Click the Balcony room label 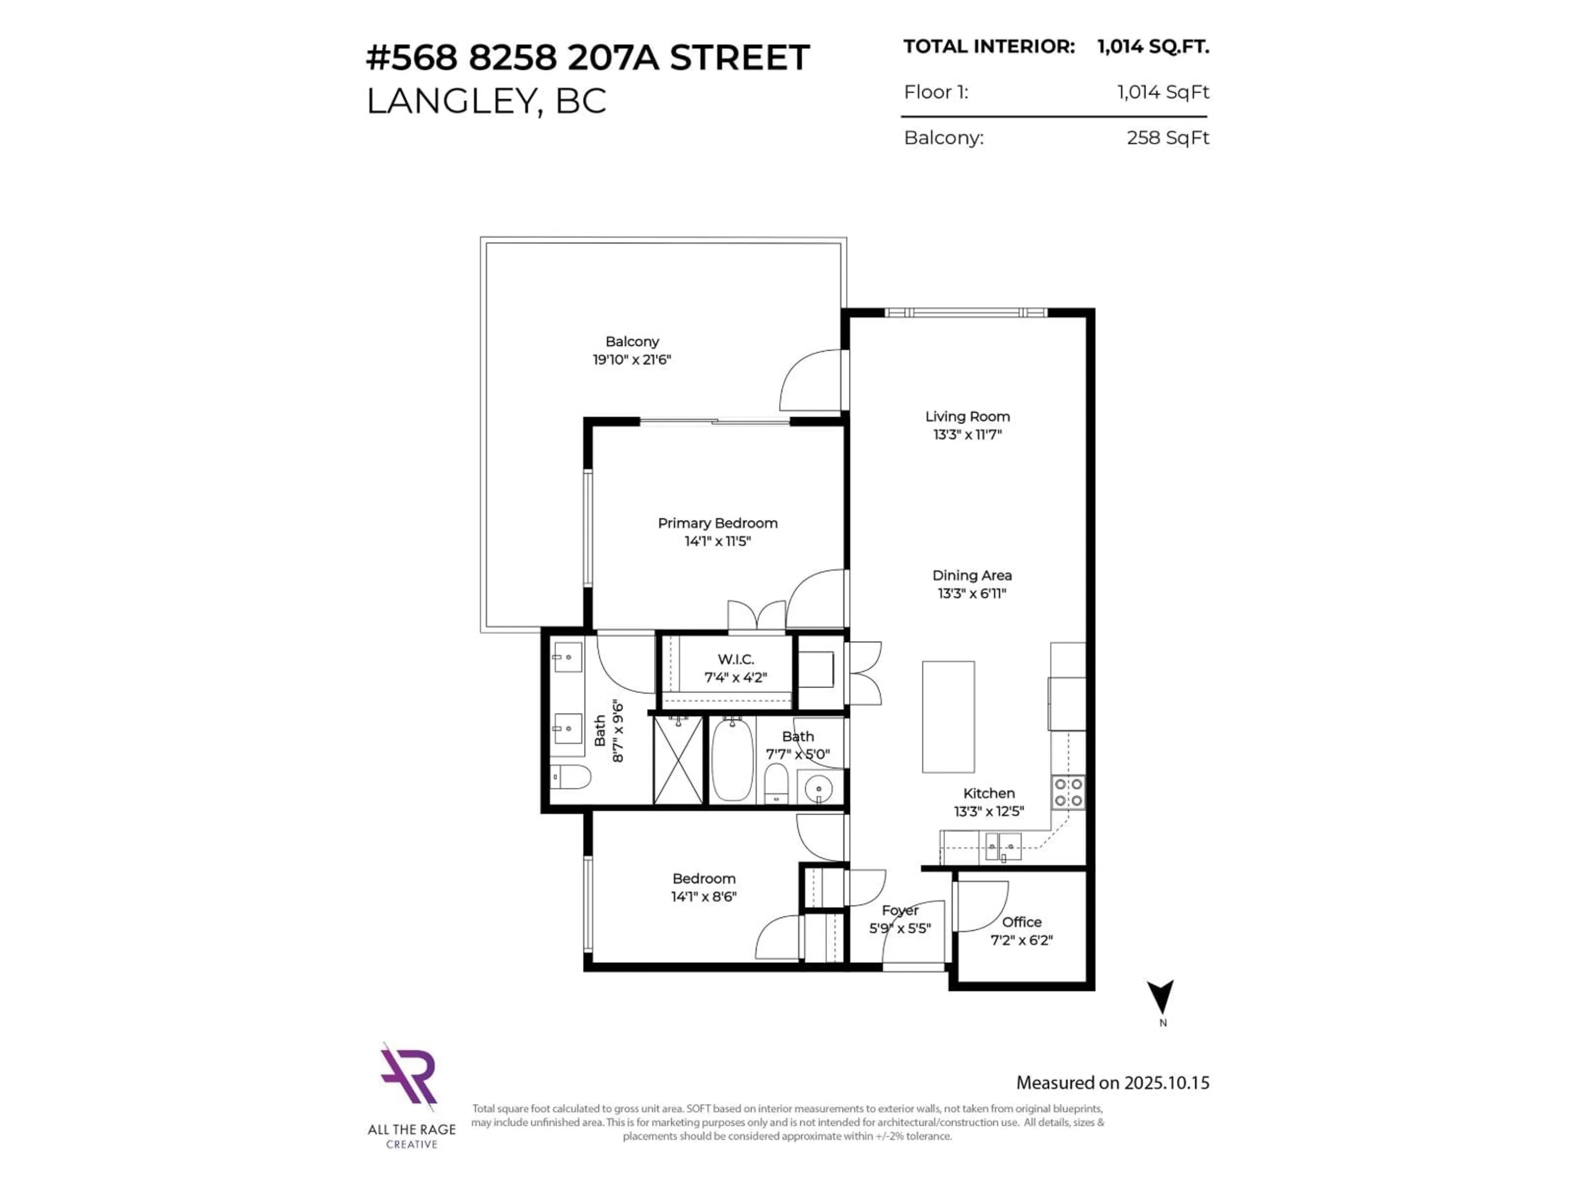(632, 342)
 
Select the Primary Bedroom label (717, 523)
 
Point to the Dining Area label (972, 575)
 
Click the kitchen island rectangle (948, 717)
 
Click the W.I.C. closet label (735, 659)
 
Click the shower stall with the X (678, 760)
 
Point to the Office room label (1022, 922)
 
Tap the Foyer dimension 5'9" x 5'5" (900, 928)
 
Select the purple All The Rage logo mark (408, 1076)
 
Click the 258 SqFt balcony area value (1168, 137)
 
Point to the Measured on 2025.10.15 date (1112, 1083)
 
